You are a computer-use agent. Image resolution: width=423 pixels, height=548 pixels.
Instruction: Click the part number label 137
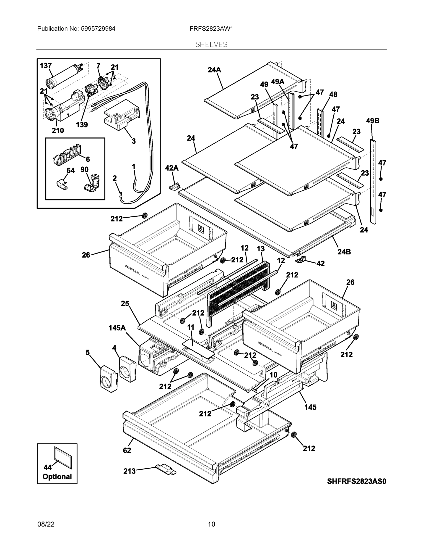pos(46,66)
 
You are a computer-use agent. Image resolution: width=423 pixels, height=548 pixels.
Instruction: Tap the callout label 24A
pos(214,70)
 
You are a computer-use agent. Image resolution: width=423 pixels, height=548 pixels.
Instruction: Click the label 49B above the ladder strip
pos(372,121)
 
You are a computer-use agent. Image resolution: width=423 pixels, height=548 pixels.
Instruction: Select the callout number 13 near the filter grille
pos(261,249)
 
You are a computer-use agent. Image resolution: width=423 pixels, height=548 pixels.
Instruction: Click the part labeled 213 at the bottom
pos(166,469)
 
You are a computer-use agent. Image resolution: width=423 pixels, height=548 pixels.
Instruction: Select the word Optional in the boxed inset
pos(57,477)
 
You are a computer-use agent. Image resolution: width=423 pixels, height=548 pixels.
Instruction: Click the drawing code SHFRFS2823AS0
pos(356,481)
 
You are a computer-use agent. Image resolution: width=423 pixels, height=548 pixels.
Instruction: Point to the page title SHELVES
pos(211,45)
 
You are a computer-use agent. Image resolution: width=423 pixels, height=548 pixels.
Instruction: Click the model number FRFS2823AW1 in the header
pos(211,29)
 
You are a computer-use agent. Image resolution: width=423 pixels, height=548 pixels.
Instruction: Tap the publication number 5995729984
pos(98,29)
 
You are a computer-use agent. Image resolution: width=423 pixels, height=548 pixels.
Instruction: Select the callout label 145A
pos(117,328)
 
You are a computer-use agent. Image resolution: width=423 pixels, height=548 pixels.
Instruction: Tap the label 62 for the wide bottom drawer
pos(127,451)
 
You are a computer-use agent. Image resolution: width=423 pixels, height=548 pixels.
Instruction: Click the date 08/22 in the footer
pos(46,524)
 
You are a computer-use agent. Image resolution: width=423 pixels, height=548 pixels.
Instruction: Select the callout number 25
pos(125,304)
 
